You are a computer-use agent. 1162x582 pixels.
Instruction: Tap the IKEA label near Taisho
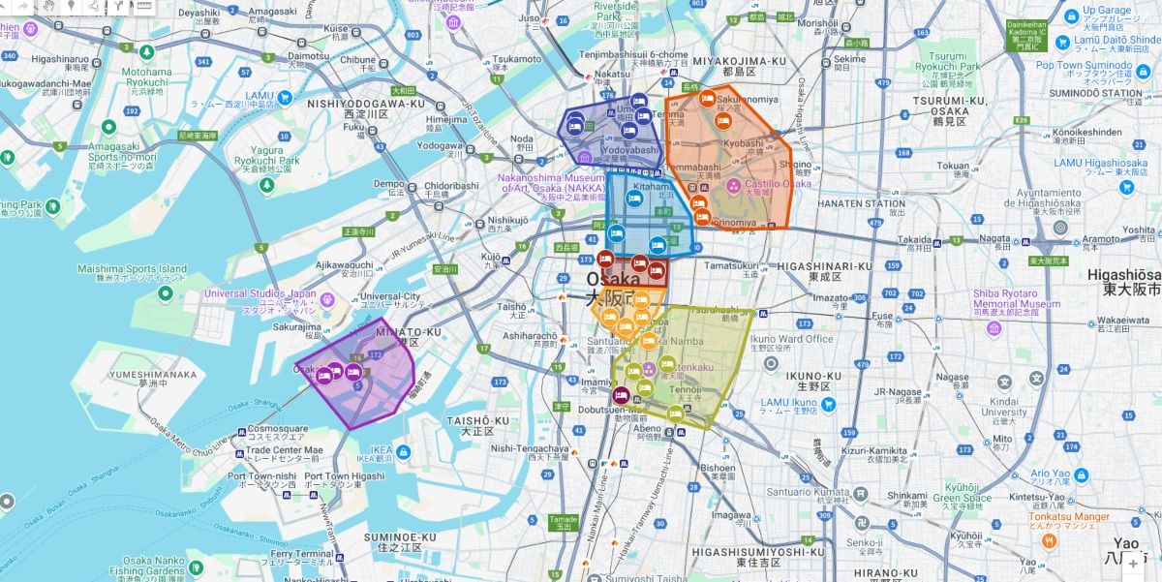coord(381,450)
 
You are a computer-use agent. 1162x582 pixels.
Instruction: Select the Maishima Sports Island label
coord(132,269)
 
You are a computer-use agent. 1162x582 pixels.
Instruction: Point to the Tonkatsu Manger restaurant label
coord(1069,517)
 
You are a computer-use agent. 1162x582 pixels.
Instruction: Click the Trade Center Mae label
coord(284,449)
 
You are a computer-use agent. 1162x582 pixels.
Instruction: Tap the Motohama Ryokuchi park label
coord(146,72)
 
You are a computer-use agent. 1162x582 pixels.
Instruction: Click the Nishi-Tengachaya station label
coord(529,448)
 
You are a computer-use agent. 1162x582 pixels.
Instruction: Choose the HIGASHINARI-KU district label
coord(824,266)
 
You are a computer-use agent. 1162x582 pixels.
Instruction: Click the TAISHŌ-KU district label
coord(477,421)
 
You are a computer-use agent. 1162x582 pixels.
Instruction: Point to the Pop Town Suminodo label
coord(1083,66)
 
